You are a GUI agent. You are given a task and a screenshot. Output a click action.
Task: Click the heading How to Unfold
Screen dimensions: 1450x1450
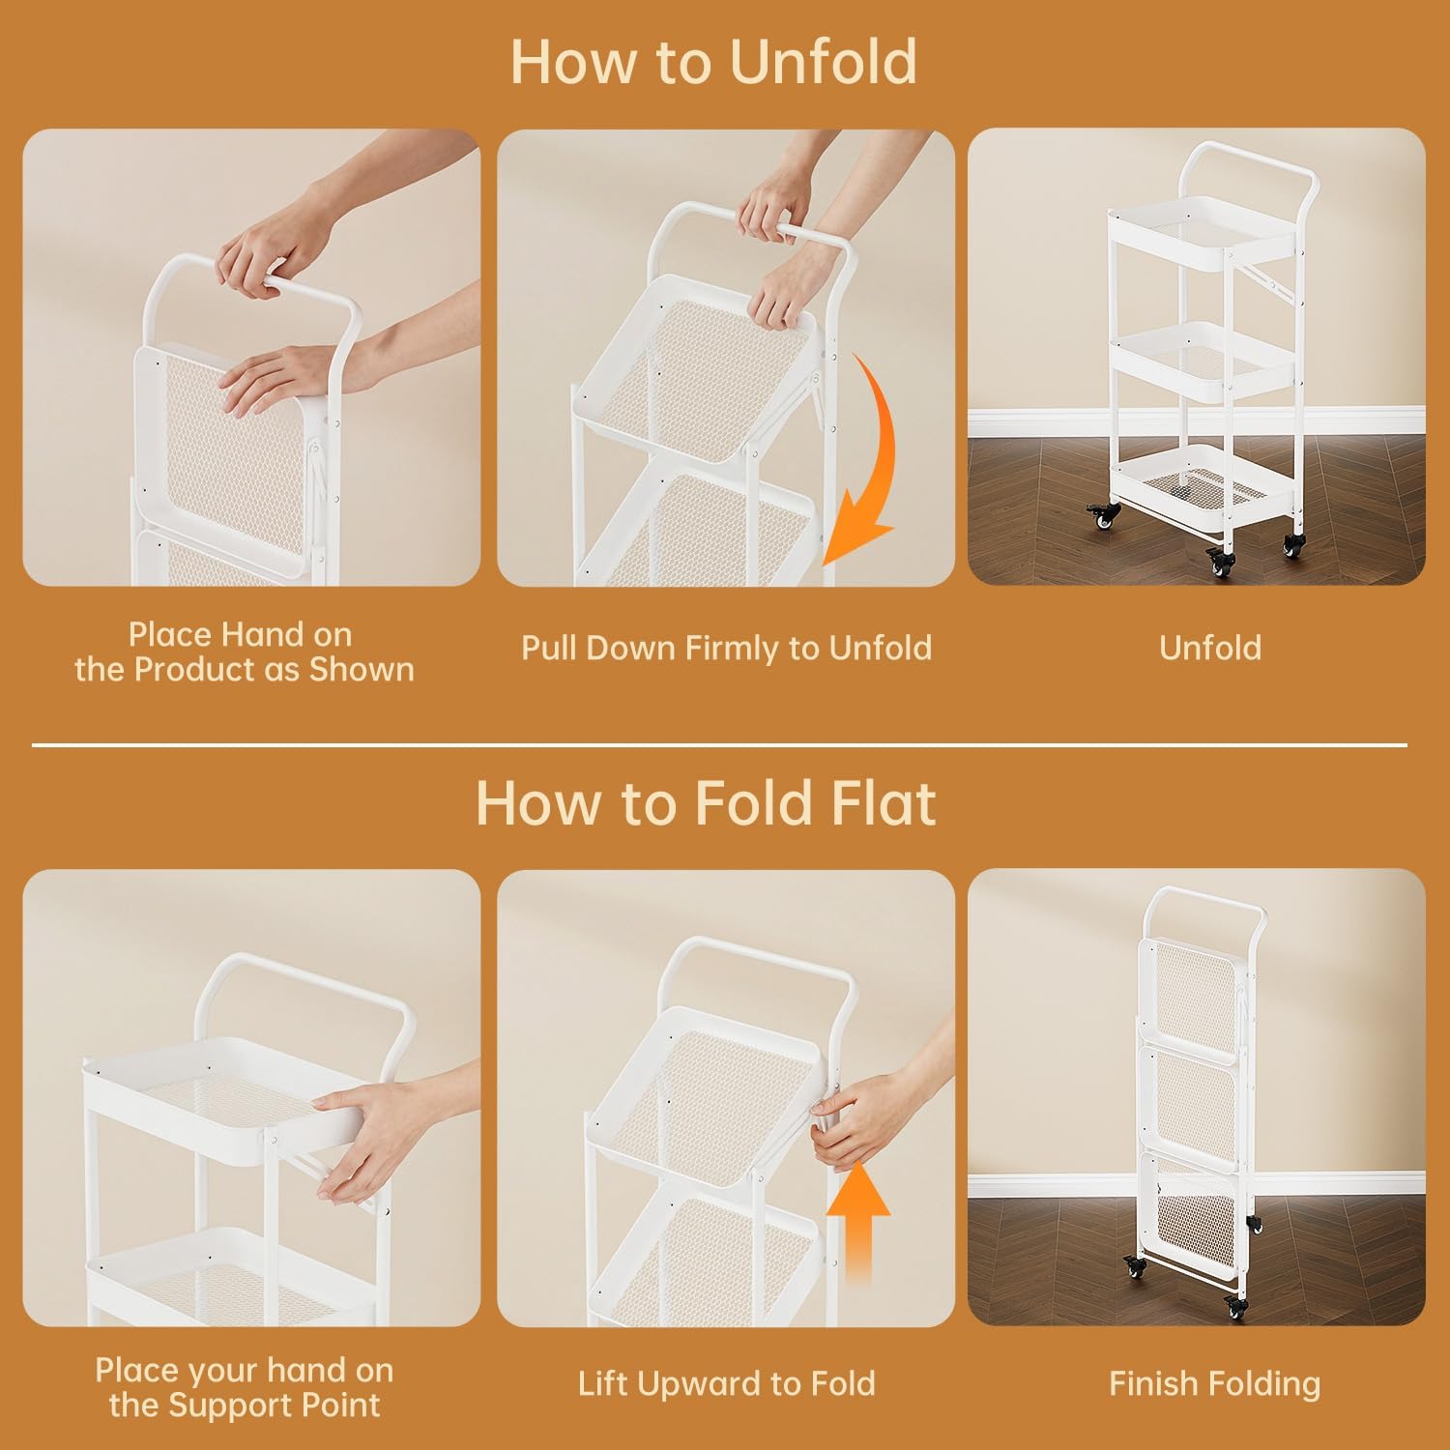[713, 61]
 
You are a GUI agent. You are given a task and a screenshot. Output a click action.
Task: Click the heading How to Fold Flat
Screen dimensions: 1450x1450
[706, 802]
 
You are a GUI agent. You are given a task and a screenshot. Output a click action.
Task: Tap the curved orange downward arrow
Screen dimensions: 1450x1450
[862, 464]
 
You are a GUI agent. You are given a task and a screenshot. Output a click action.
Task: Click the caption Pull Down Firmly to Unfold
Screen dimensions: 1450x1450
[726, 648]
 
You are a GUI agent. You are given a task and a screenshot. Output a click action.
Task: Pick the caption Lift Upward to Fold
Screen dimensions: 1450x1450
[726, 1383]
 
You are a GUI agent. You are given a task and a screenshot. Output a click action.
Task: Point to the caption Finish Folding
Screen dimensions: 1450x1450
[1214, 1384]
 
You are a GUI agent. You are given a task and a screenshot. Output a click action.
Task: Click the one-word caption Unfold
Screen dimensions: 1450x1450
[1210, 648]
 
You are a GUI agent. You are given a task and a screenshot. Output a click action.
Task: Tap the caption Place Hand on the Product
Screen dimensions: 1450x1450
[244, 652]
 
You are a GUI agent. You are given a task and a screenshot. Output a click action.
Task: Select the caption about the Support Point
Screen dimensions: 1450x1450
[244, 1388]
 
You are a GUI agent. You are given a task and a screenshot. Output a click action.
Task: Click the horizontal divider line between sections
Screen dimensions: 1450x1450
[719, 745]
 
